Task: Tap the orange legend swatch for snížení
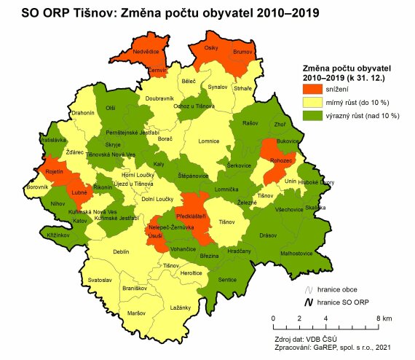point(315,89)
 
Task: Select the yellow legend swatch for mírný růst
point(315,103)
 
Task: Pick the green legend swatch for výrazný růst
point(315,116)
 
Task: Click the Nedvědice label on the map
point(144,52)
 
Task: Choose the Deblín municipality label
point(120,251)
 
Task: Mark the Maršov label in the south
point(136,313)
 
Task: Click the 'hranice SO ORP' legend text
point(344,302)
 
